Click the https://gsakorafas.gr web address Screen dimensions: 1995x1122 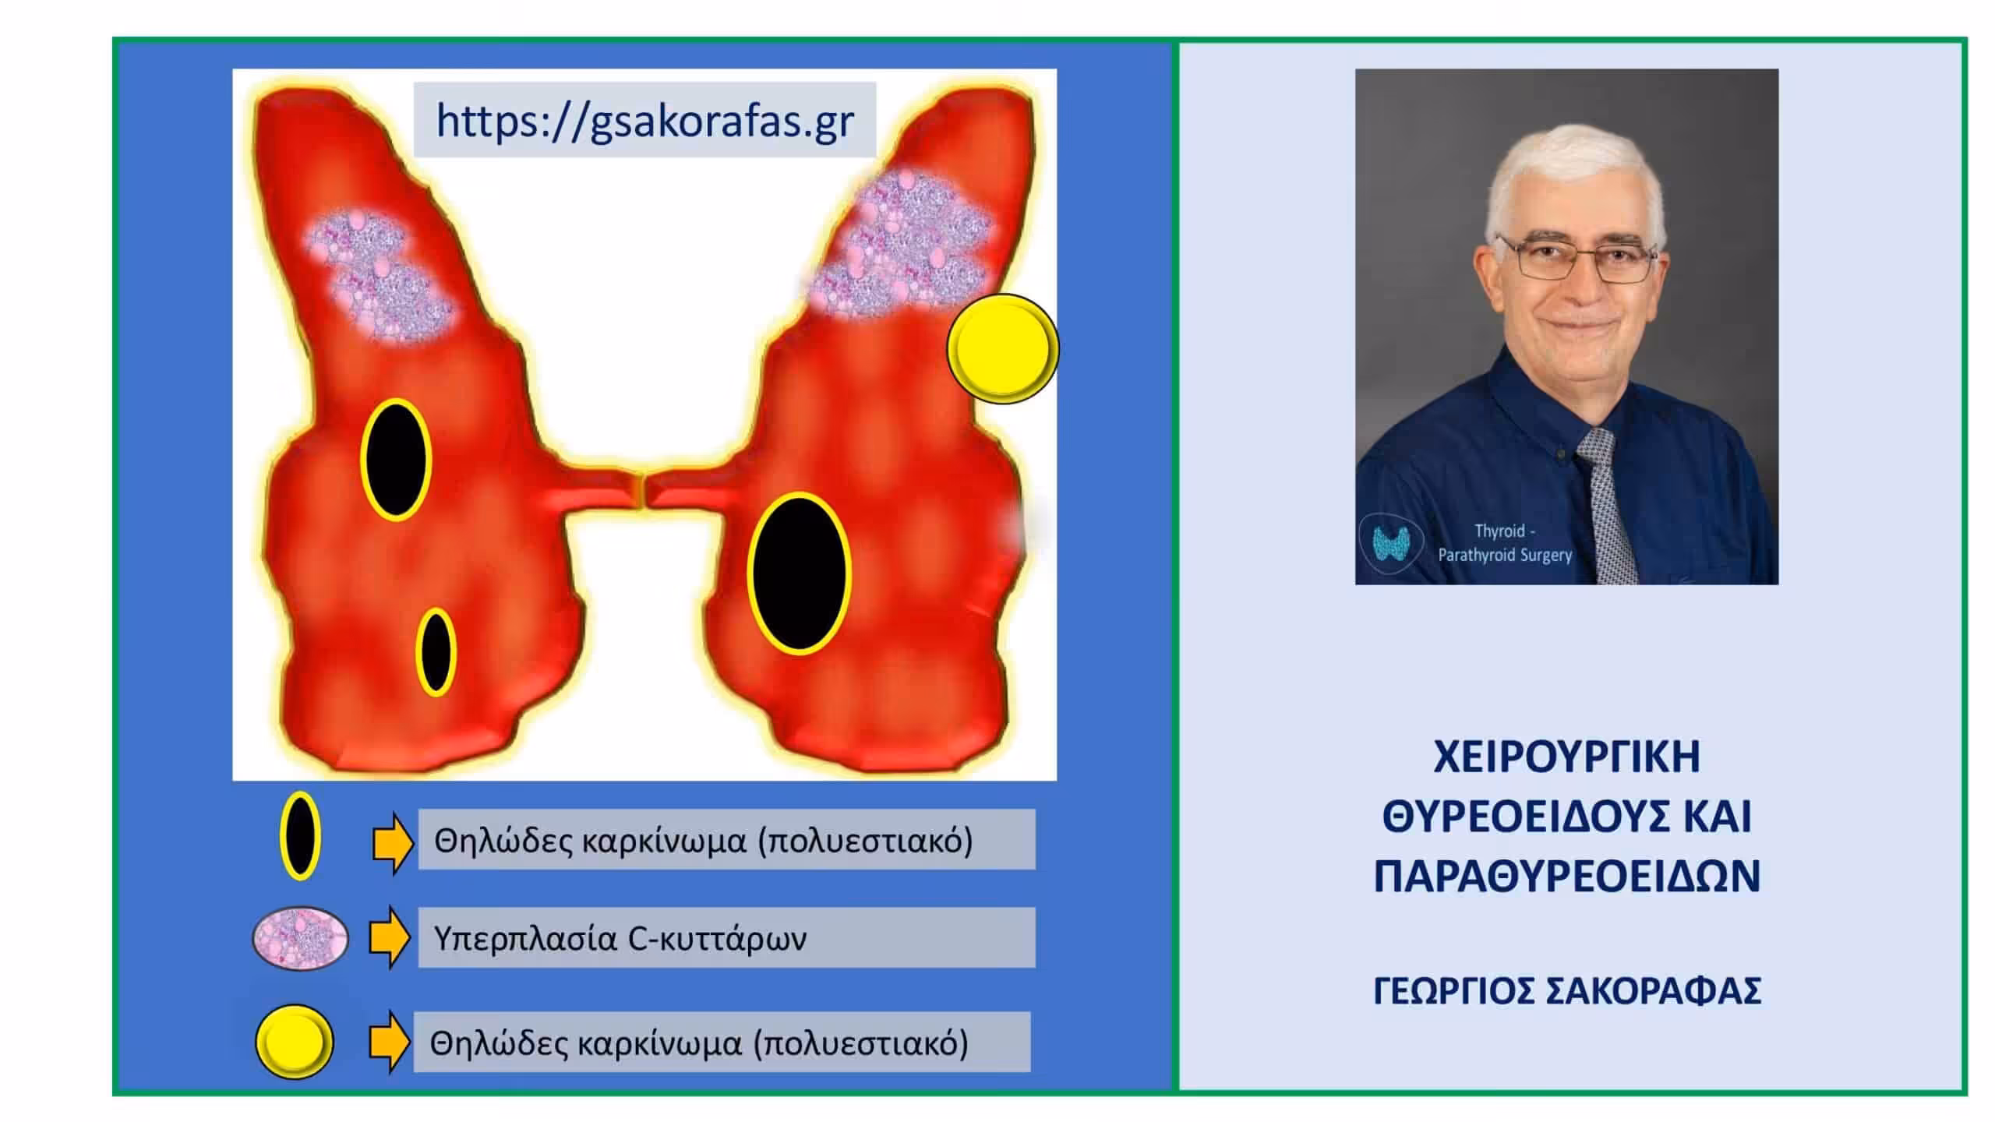[645, 121]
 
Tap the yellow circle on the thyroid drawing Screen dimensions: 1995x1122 [1003, 348]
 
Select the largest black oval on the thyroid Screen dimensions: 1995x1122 [799, 573]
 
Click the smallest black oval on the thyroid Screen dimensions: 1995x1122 [436, 652]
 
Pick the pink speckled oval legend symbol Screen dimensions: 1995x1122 [300, 938]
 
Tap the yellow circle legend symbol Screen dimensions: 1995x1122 [295, 1042]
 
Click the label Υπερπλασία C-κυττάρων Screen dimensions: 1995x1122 [620, 939]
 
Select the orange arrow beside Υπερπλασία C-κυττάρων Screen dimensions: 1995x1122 [390, 937]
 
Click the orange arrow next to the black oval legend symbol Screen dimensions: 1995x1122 [393, 843]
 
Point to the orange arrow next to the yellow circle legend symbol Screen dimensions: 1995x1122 [389, 1042]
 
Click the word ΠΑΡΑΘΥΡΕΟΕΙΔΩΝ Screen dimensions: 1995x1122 [1566, 877]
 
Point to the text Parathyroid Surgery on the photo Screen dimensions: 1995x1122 [1504, 556]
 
